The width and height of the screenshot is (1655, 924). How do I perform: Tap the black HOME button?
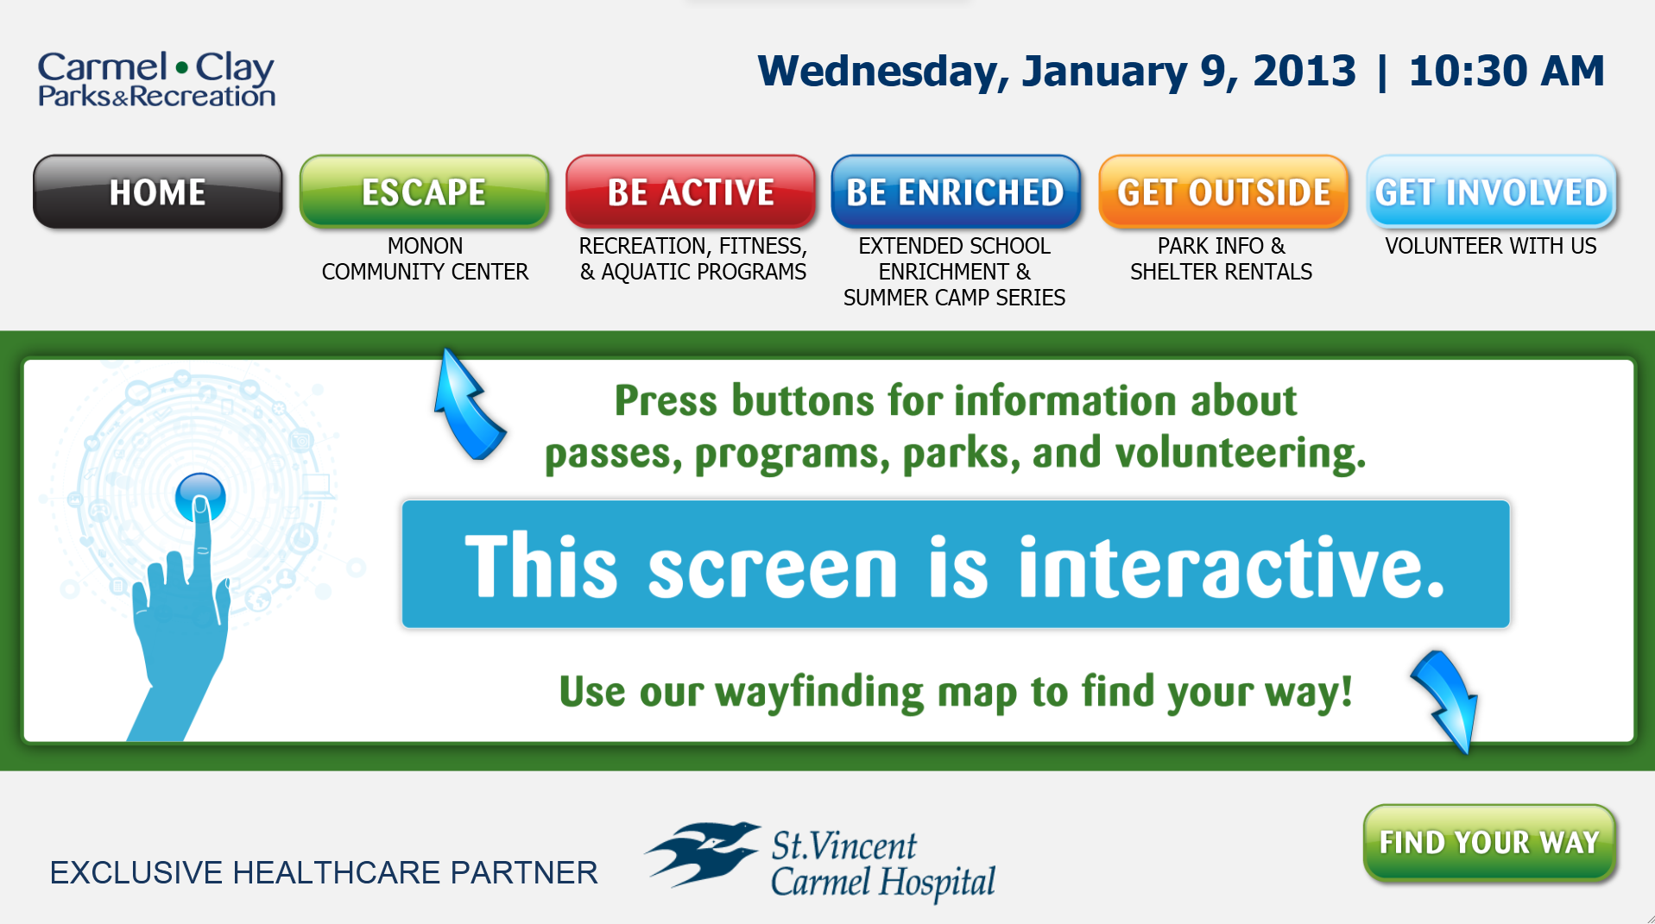tap(158, 192)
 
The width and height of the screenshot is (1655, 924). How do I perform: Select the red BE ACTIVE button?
tap(691, 192)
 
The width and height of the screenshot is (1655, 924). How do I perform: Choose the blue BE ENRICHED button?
tap(956, 192)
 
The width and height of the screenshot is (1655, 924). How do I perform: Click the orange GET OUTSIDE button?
tap(1223, 192)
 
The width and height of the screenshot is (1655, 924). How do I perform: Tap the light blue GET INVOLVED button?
tap(1491, 192)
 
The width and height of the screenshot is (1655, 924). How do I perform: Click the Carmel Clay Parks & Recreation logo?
tap(156, 79)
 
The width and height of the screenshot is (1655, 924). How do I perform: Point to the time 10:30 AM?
tap(1507, 71)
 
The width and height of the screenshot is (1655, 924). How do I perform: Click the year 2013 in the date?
tap(1304, 71)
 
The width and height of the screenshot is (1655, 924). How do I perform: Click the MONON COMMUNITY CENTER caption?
tap(425, 259)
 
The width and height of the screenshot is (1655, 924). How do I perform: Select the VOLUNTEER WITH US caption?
tap(1491, 246)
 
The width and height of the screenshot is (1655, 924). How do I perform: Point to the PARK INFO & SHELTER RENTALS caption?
tap(1221, 259)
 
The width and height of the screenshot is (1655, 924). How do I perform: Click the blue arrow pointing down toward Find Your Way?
tap(1447, 699)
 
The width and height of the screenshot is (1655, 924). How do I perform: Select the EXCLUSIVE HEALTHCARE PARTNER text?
tap(324, 873)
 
